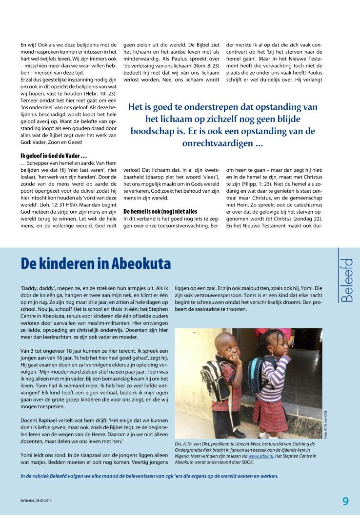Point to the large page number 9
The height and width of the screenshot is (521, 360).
345,501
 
